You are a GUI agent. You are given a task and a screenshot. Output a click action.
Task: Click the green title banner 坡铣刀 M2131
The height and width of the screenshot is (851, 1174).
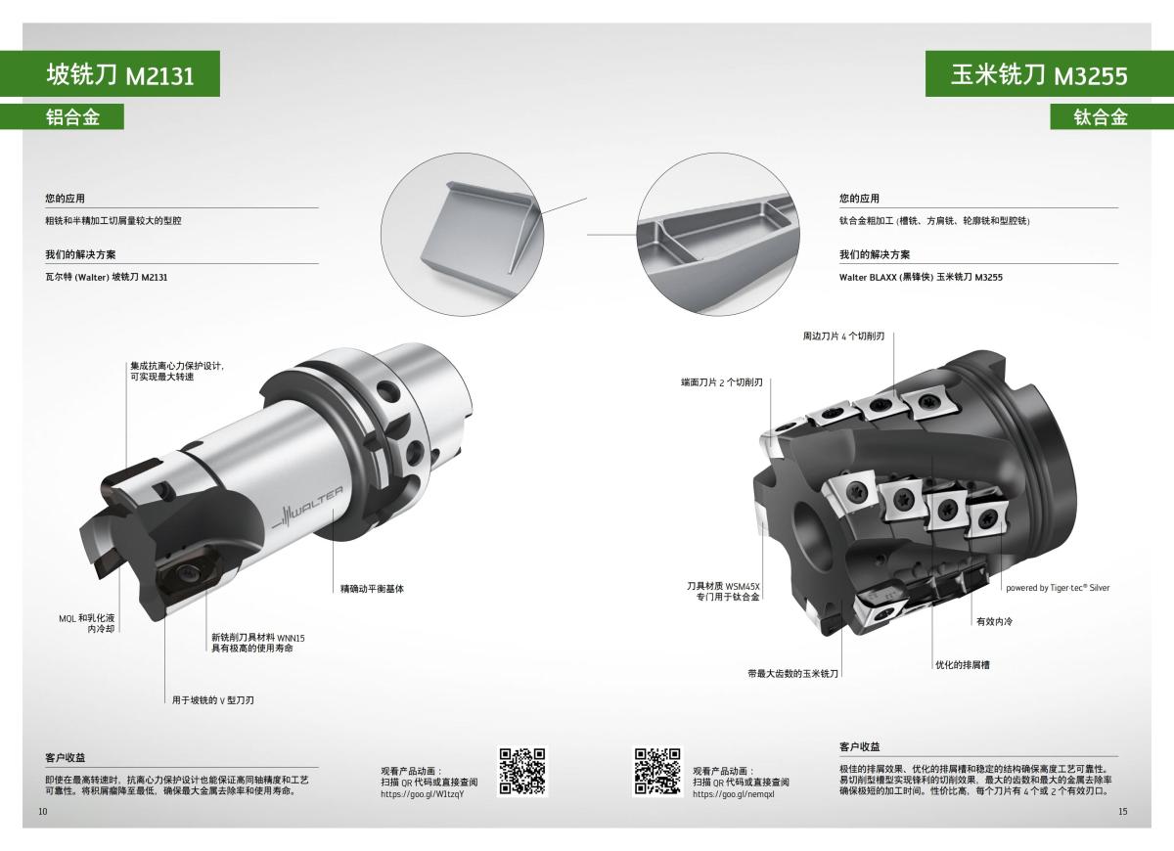click(110, 75)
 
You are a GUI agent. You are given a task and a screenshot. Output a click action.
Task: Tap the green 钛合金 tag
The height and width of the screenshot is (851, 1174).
click(1101, 116)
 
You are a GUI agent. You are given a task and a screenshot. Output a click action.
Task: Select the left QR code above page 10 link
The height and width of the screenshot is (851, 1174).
click(521, 771)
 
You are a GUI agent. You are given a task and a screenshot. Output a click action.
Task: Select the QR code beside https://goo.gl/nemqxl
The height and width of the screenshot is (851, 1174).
click(657, 771)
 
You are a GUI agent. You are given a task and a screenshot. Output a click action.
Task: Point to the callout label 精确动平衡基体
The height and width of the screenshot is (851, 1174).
click(372, 589)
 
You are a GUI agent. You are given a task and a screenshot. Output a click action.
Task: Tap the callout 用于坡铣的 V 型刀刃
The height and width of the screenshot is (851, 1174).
click(213, 700)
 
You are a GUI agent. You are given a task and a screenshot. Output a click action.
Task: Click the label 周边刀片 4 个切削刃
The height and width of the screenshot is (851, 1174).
click(843, 336)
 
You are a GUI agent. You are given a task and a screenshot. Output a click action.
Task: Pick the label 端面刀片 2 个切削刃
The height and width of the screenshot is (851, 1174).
click(722, 382)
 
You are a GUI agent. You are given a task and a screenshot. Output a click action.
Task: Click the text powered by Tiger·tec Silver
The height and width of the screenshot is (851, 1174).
click(1057, 588)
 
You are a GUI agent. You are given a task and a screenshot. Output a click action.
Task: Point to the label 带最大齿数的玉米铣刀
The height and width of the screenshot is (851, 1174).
click(793, 674)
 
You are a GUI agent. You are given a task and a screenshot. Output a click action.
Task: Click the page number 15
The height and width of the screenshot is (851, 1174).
click(1123, 812)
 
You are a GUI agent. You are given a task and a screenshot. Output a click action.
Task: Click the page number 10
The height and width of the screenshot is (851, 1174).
click(43, 812)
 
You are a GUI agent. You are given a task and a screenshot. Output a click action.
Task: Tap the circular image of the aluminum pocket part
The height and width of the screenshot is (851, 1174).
click(459, 232)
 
